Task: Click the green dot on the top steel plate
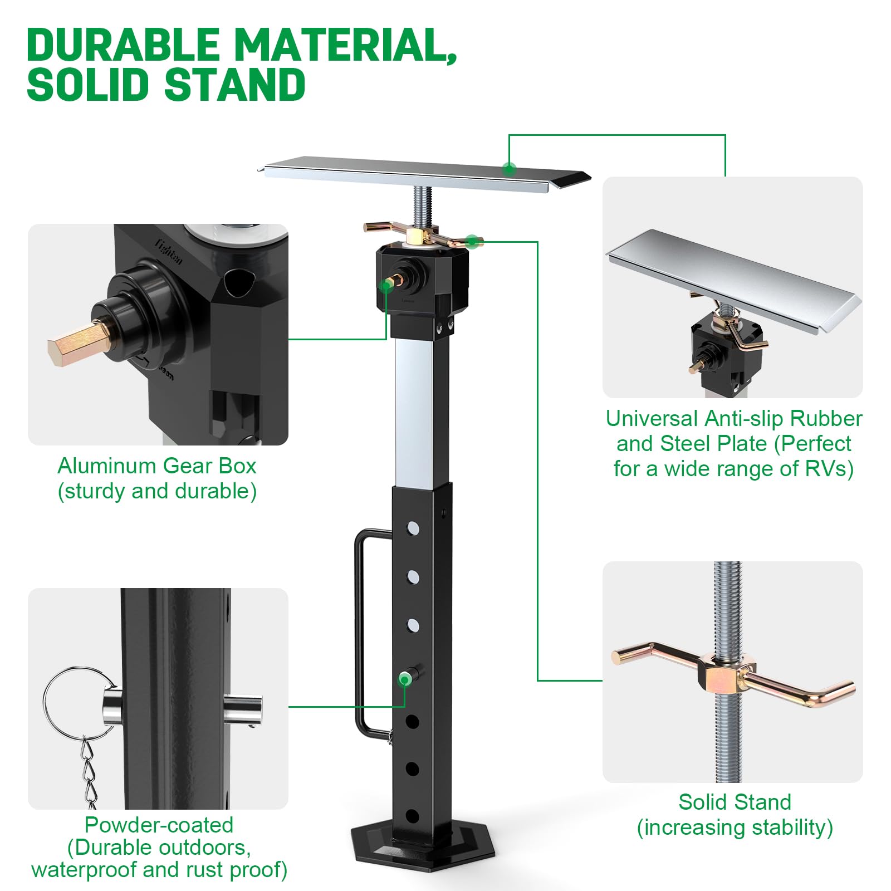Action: click(x=508, y=169)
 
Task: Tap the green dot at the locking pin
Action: click(x=405, y=679)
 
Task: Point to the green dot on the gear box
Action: click(x=385, y=286)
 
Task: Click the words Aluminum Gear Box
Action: click(x=157, y=466)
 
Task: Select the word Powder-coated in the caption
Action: click(x=159, y=825)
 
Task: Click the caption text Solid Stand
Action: click(x=735, y=802)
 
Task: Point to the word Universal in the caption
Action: click(x=652, y=418)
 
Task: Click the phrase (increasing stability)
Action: click(x=735, y=828)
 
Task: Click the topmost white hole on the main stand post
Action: click(x=413, y=528)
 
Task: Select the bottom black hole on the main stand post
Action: click(x=412, y=817)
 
